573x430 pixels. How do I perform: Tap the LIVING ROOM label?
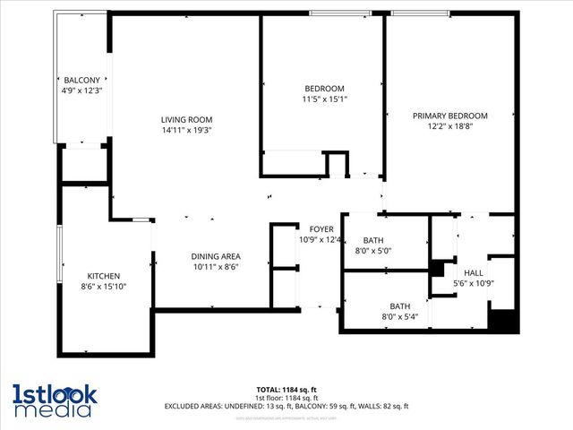[186, 119]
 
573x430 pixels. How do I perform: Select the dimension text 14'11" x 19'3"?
[186, 130]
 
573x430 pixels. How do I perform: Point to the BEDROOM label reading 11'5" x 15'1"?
[324, 88]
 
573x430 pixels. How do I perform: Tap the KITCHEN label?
[103, 276]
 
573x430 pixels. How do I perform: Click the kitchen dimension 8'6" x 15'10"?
[103, 287]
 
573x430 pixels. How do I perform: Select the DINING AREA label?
[216, 255]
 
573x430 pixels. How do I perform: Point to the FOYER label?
[321, 229]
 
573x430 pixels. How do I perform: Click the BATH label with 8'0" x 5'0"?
[373, 240]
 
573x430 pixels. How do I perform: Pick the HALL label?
[473, 273]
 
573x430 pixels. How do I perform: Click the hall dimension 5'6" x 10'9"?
[473, 284]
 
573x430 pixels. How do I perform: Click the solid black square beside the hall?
[502, 320]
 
